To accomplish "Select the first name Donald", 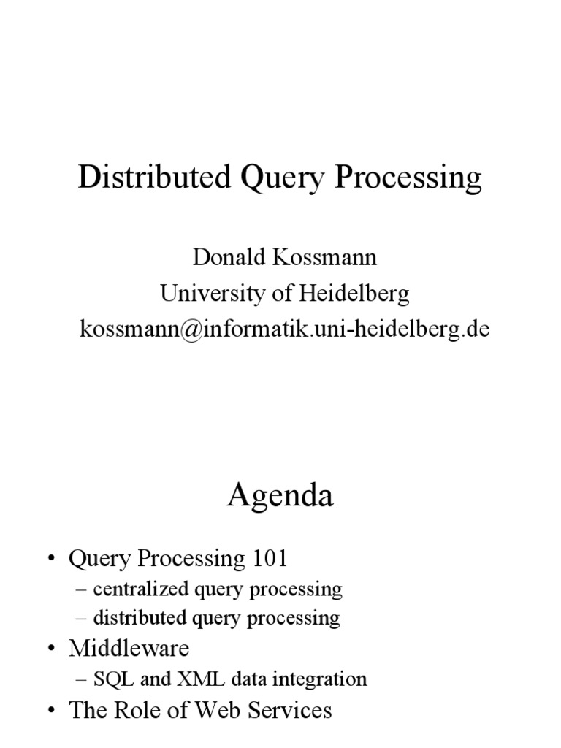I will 221,258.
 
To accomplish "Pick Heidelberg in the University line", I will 353,294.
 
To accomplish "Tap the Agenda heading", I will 280,497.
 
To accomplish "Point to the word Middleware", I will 129,649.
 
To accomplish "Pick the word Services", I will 292,710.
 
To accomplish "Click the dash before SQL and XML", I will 81,679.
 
